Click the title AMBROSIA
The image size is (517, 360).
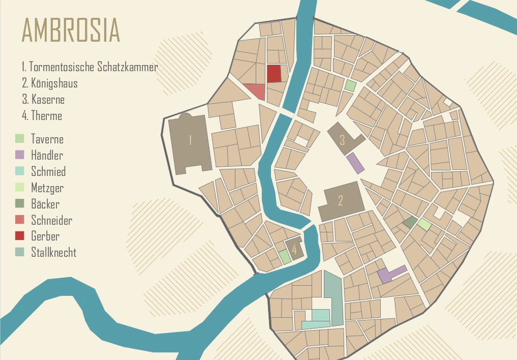click(70, 31)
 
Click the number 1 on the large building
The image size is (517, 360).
click(190, 140)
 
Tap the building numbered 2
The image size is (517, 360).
click(341, 200)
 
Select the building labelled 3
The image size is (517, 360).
click(342, 139)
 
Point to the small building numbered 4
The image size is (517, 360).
click(294, 249)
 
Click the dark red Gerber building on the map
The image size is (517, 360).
click(273, 74)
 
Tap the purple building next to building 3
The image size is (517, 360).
click(355, 163)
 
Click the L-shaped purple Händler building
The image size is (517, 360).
click(387, 275)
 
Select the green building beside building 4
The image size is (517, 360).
click(285, 256)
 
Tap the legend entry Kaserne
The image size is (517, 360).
click(48, 99)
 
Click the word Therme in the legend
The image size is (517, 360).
click(46, 115)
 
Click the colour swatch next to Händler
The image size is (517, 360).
click(20, 155)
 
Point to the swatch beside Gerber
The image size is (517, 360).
click(20, 236)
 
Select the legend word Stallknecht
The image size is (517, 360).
click(53, 252)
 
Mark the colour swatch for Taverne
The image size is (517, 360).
click(20, 138)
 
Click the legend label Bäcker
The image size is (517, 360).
click(45, 204)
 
